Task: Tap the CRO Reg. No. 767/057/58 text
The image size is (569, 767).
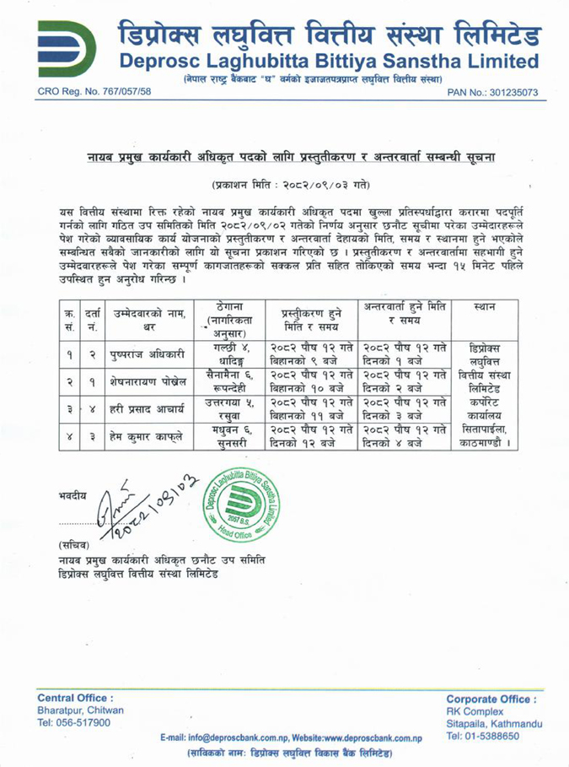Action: pyautogui.click(x=87, y=92)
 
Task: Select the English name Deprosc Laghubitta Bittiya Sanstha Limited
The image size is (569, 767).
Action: pyautogui.click(x=329, y=61)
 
